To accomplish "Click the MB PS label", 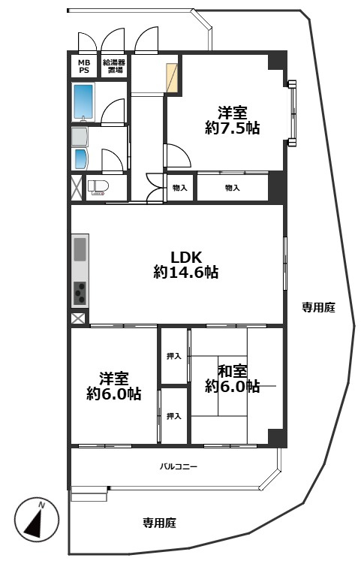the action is [x=84, y=67].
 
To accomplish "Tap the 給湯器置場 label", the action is [x=114, y=66].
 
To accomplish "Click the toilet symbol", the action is [x=96, y=188].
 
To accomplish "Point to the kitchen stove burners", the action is [x=80, y=293].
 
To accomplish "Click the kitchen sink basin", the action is [x=80, y=249].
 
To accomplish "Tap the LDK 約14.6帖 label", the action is [x=186, y=265].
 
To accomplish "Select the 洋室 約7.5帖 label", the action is [x=233, y=120].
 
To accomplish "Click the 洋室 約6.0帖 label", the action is [x=113, y=386].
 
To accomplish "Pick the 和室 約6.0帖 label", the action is [x=233, y=379].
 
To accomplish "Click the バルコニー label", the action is [x=179, y=466].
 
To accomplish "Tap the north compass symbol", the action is [x=37, y=519].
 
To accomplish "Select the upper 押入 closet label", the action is [x=173, y=356].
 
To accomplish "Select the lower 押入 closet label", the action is [x=173, y=416].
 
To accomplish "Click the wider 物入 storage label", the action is [x=233, y=188].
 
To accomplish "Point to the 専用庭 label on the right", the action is [x=318, y=307].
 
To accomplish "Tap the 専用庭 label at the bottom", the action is [x=159, y=523].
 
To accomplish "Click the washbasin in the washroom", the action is [x=81, y=159].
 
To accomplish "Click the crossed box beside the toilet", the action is [x=77, y=188].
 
